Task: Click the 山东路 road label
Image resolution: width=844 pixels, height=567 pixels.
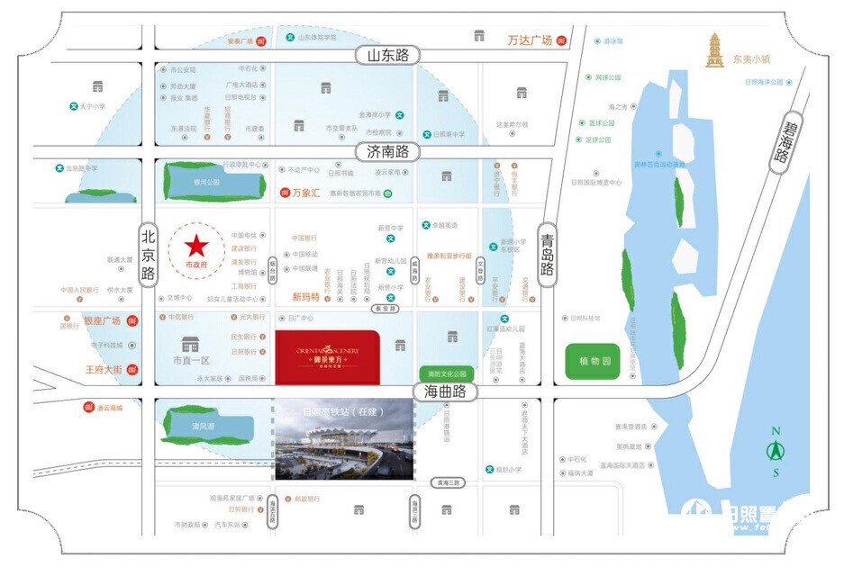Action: point(388,56)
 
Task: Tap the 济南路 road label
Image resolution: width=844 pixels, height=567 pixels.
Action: point(388,152)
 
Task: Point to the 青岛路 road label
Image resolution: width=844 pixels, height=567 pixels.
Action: point(547,256)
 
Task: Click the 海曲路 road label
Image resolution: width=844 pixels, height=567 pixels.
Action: point(445,391)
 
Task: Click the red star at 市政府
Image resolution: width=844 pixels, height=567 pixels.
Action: point(196,245)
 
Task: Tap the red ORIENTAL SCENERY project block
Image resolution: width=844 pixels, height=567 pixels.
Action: point(326,358)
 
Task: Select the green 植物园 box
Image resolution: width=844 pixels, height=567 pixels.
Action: point(593,361)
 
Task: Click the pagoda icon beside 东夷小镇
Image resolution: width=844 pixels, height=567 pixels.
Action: point(716,51)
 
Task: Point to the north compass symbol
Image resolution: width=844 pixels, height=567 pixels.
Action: point(776,449)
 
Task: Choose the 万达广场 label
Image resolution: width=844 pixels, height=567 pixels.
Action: point(530,40)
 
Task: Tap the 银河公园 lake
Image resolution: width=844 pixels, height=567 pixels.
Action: point(206,181)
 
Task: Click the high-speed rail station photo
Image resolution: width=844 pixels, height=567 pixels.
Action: point(343,441)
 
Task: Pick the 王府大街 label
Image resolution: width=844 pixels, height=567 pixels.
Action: point(103,370)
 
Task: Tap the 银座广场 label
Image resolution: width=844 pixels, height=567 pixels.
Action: point(103,321)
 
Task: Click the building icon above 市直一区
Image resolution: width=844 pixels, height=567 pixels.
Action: point(190,345)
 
